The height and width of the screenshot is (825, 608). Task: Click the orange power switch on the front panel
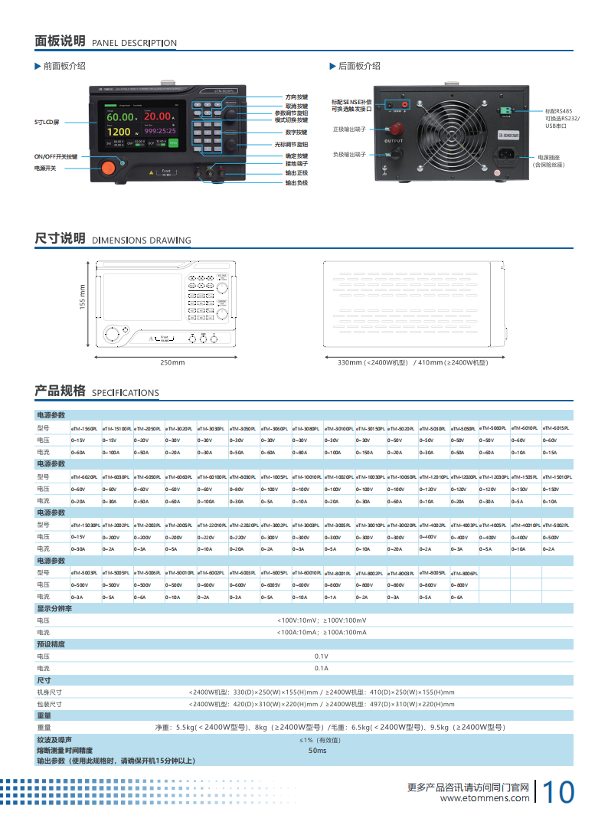click(108, 167)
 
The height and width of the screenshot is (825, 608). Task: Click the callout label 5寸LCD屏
click(47, 123)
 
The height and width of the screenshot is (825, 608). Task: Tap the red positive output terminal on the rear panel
click(397, 127)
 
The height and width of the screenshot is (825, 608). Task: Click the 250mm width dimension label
click(172, 362)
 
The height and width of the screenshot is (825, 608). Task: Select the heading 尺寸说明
click(60, 238)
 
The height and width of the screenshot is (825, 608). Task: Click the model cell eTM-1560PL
click(84, 429)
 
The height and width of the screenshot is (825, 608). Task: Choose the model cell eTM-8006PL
click(464, 573)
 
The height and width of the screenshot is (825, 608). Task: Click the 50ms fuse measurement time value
click(317, 751)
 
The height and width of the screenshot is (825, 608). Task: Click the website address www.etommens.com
click(485, 798)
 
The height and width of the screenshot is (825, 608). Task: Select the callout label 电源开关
click(45, 168)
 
